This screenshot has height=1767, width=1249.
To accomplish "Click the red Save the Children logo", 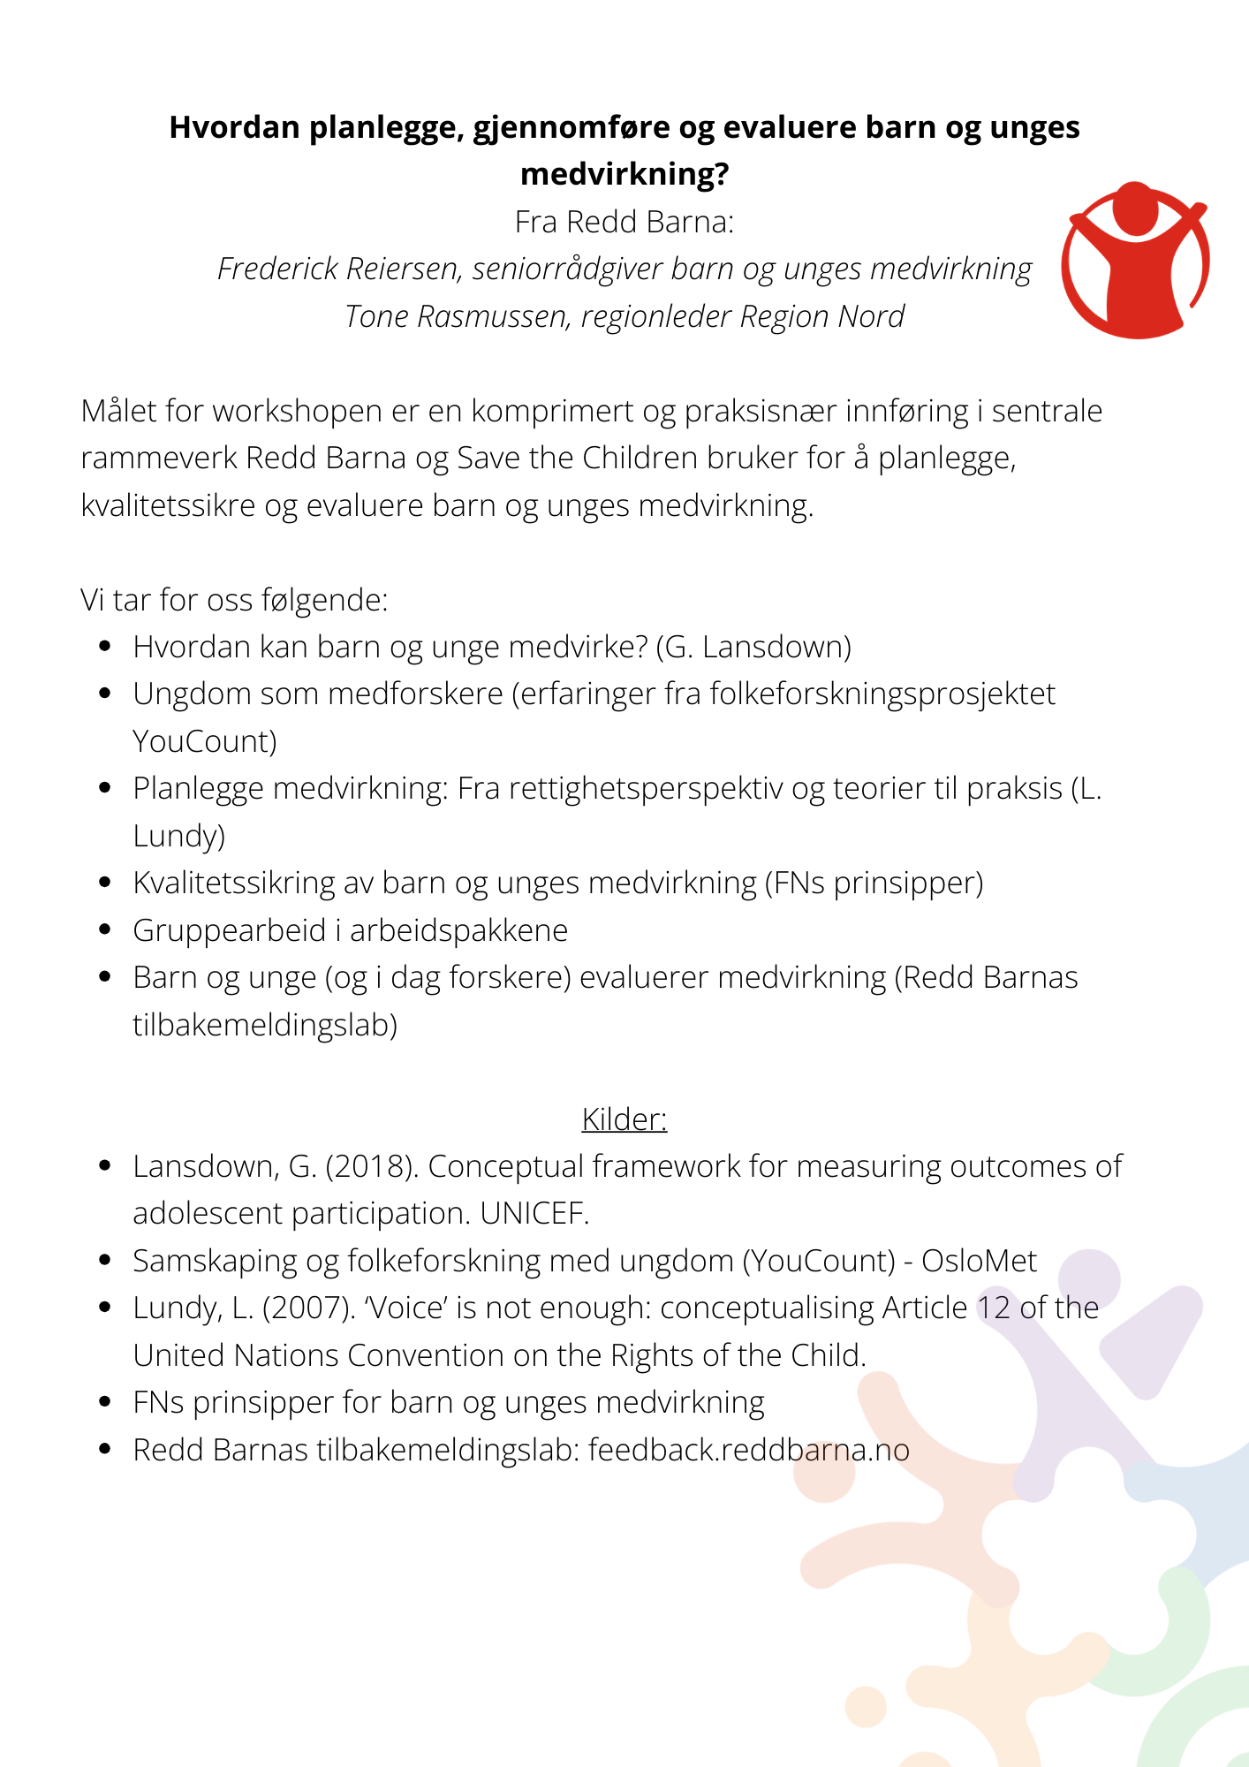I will coord(1134,261).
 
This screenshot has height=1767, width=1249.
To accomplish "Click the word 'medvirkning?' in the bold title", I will coord(624,174).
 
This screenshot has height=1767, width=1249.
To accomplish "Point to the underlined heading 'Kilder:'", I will coord(624,1119).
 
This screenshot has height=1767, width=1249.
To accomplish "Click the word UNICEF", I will coord(534,1213).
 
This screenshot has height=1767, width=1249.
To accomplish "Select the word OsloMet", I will coord(979,1261).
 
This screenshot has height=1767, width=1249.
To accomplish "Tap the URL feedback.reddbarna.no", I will coord(749,1450).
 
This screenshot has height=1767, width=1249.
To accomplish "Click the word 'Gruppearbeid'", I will coord(229,930).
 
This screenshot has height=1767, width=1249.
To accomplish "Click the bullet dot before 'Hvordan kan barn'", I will coord(105,647).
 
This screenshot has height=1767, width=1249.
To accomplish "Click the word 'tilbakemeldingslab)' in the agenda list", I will coord(265,1025).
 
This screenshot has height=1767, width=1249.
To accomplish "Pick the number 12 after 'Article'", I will coord(994,1308).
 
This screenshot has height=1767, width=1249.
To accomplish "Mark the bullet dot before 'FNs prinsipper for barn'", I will coord(105,1402).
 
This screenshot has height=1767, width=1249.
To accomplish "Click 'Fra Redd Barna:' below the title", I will coord(624,222).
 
